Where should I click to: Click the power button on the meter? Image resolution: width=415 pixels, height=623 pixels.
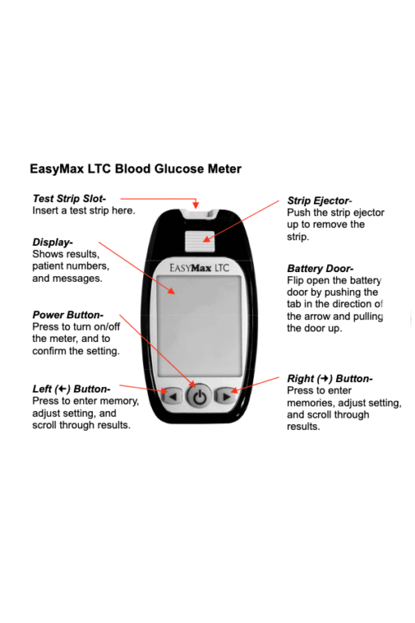199,396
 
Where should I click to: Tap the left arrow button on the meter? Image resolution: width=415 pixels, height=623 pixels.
173,396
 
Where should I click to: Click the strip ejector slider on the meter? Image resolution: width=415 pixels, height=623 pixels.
199,241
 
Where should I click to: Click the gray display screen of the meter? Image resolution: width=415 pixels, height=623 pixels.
199,326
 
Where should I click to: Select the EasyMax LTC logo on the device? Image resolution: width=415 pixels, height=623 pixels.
199,268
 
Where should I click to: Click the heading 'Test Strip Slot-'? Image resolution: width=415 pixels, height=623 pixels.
69,199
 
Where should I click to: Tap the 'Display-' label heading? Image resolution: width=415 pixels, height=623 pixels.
52,242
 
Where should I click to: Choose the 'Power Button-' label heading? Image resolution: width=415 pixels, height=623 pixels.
68,314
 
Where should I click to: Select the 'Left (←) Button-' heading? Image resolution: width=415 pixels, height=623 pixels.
72,388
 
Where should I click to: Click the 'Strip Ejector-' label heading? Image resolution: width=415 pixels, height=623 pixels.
319,200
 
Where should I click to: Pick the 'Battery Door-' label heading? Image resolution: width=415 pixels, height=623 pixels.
320,268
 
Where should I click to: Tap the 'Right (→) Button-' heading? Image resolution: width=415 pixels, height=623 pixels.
330,378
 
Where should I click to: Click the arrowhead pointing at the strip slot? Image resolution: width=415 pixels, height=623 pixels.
196,204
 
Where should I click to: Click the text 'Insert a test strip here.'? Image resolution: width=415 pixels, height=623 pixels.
84,211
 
